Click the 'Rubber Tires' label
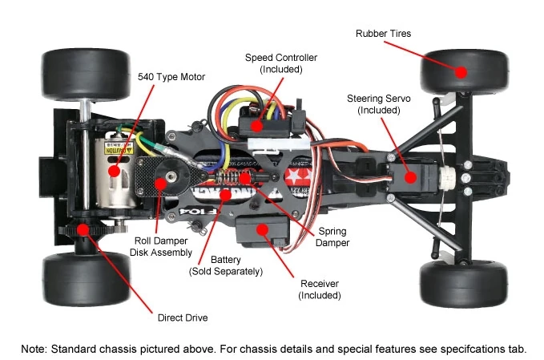coord(383,33)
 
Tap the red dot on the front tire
coord(461,72)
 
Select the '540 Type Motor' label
coord(172,77)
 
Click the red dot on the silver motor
coord(115,170)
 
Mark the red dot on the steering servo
coord(409,178)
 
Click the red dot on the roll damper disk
coord(161,183)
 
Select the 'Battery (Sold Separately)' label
coord(226,265)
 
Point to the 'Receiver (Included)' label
coord(320,289)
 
